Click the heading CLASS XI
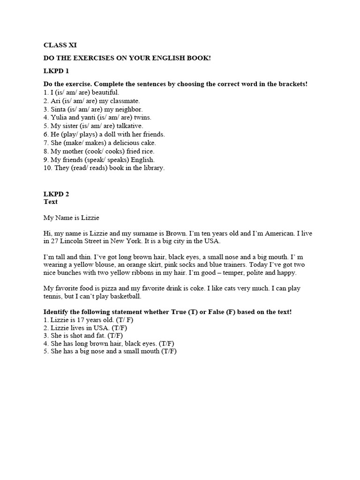point(60,45)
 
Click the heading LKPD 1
point(56,71)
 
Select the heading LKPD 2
point(56,193)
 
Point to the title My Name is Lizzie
point(72,218)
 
